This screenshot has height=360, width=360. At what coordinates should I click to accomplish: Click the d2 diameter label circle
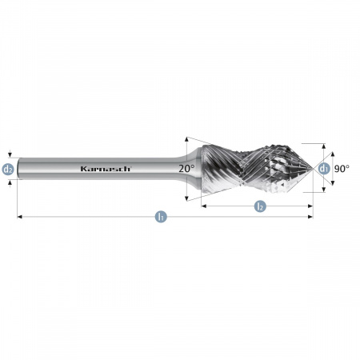click(8, 169)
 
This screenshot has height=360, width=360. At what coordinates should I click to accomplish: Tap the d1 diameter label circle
click(323, 169)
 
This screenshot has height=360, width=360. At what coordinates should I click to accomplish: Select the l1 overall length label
click(161, 217)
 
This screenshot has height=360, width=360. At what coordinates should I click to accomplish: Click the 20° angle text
click(186, 169)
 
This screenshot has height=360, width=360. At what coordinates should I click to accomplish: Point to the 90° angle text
click(342, 169)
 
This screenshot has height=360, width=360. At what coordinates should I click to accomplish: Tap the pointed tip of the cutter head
click(313, 169)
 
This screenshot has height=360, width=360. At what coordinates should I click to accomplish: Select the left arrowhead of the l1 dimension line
click(18, 217)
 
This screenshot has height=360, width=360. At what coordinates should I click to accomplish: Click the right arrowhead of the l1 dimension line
click(311, 217)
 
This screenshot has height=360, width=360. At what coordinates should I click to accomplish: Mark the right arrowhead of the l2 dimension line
click(311, 206)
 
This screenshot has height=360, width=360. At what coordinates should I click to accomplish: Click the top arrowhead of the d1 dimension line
click(324, 146)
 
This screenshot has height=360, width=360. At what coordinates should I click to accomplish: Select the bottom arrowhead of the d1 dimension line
click(324, 191)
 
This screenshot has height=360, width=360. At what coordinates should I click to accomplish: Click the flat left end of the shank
click(18, 169)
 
